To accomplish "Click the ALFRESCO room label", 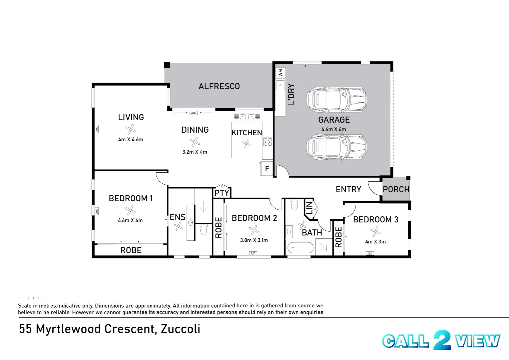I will [219, 86].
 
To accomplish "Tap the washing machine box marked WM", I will [281, 72].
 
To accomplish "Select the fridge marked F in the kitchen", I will [267, 169].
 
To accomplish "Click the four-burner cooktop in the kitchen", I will [268, 142].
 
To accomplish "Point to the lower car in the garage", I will [336, 147].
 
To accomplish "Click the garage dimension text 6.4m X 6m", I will [334, 129].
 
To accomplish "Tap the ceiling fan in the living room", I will [130, 129].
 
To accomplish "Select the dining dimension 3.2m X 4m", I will [194, 152].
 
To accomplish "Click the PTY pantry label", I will [222, 193].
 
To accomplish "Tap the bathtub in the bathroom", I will [300, 248].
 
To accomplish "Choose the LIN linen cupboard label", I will [310, 208].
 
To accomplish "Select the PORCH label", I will [396, 189].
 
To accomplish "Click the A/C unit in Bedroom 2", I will [253, 254].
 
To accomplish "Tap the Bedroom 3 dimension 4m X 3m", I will [375, 242].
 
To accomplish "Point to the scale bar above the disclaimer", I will [31, 298].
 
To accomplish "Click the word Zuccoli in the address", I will [180, 329].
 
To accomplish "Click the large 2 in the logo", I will [442, 340].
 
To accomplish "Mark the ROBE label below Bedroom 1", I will [131, 250].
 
